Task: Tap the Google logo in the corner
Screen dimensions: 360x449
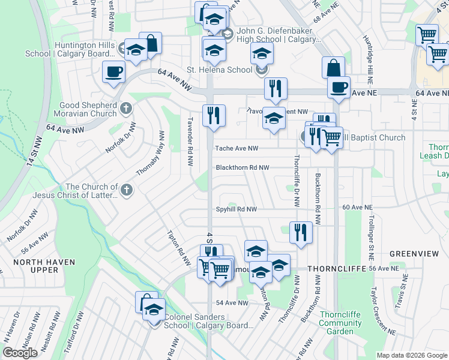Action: (x=20, y=353)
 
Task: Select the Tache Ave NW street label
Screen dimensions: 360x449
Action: (x=237, y=148)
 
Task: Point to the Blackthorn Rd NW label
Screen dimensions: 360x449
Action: (x=243, y=168)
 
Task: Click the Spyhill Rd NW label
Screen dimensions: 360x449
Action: (x=237, y=209)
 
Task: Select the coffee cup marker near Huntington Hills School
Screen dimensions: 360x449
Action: (x=113, y=73)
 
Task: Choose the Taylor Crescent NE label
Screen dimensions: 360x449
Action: (x=382, y=310)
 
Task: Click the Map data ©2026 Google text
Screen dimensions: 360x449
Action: (x=412, y=355)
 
